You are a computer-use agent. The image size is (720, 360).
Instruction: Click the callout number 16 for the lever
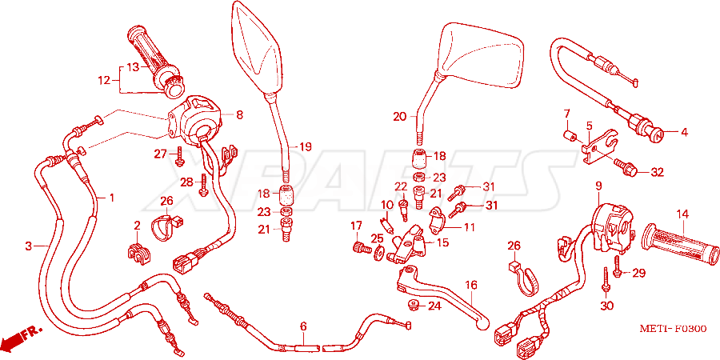click(x=471, y=285)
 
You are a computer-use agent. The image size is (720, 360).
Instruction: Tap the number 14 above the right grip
click(x=682, y=214)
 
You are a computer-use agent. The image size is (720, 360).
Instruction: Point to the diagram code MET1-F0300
click(x=673, y=329)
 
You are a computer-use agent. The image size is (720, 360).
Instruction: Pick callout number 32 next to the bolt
click(x=657, y=173)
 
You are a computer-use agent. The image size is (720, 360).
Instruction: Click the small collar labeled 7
click(x=570, y=135)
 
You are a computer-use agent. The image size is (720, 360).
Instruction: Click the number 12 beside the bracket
click(x=104, y=81)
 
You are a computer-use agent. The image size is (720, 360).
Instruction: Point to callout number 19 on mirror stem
click(x=306, y=147)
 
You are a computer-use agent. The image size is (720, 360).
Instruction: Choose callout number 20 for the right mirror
click(x=399, y=117)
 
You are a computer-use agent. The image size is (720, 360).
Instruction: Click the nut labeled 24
click(x=412, y=305)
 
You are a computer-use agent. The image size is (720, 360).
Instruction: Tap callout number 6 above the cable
click(x=302, y=327)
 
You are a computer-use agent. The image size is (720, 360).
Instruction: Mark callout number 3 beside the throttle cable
click(x=29, y=246)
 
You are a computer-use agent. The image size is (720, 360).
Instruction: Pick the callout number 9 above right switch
click(x=598, y=186)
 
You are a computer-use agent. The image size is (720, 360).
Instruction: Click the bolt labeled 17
click(x=362, y=248)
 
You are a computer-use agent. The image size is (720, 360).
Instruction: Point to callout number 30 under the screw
click(x=606, y=305)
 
